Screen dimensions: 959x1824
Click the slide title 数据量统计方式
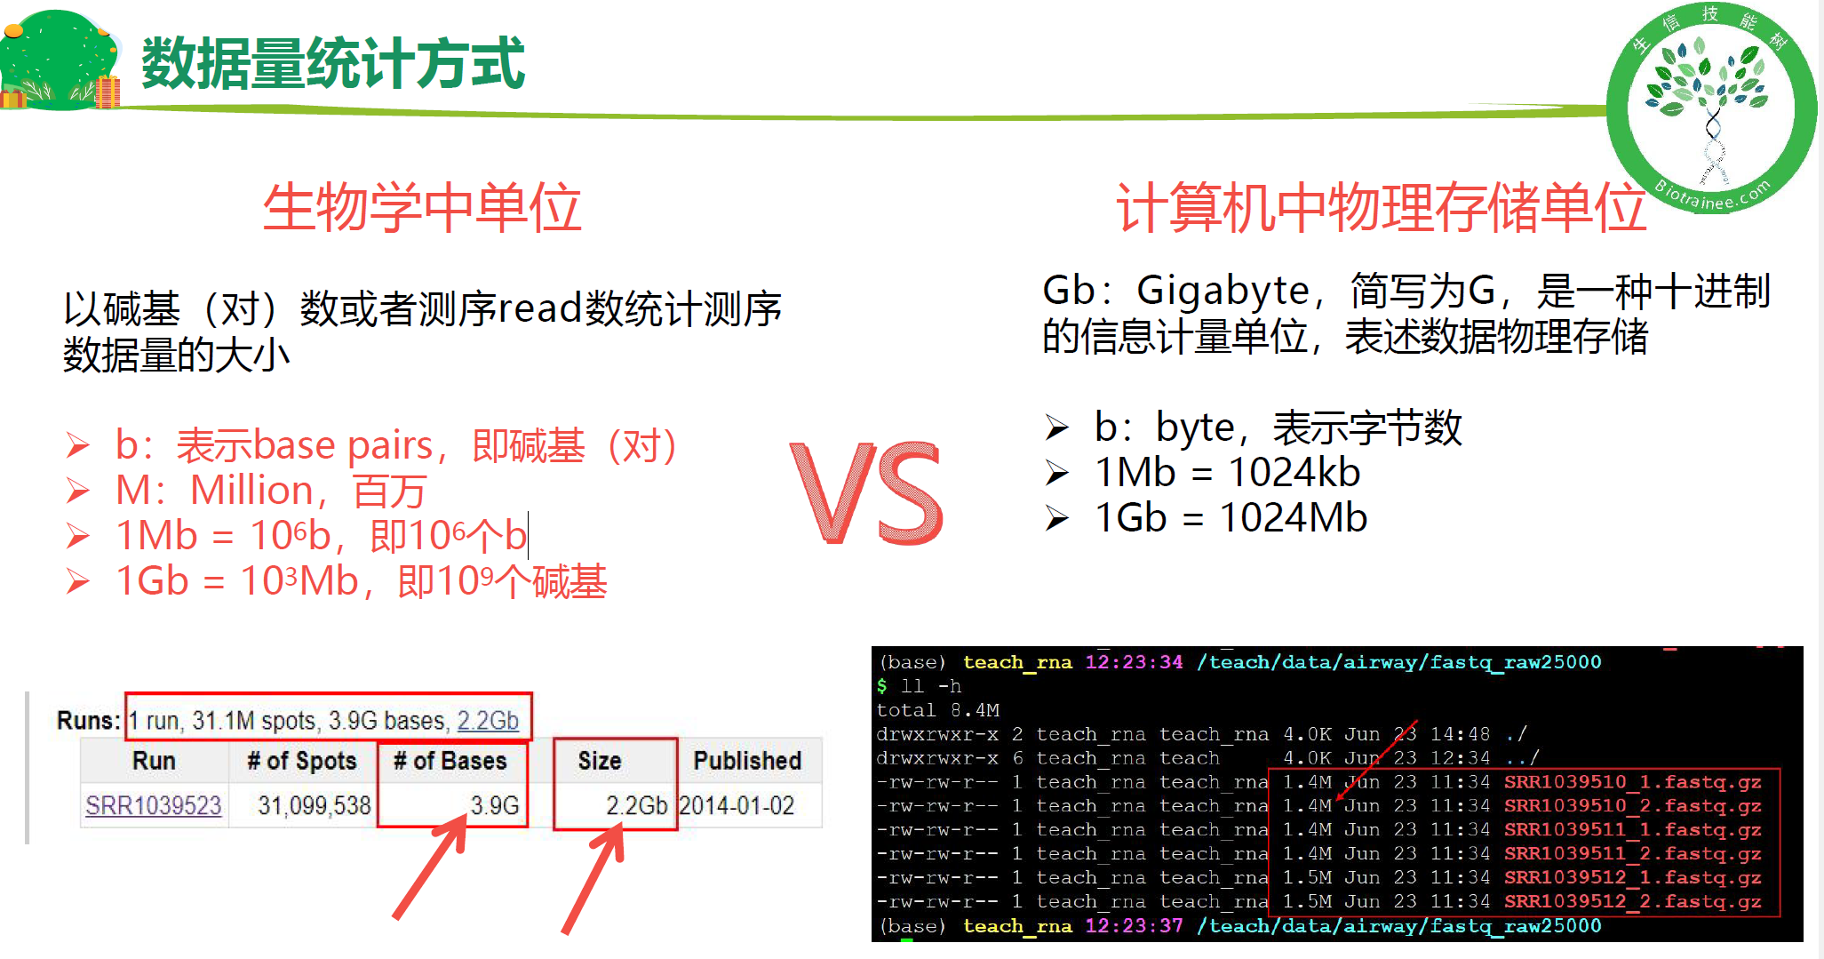click(333, 63)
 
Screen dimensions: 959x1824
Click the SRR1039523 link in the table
click(153, 805)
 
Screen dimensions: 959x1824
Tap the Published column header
click(747, 761)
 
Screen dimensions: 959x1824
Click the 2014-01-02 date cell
click(737, 805)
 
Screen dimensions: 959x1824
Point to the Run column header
click(154, 761)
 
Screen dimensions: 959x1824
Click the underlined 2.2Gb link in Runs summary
click(488, 720)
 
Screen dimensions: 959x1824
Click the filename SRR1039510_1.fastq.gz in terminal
click(1632, 782)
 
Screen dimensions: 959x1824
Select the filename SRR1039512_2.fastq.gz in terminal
click(1632, 901)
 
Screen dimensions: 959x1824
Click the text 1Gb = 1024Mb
click(1231, 518)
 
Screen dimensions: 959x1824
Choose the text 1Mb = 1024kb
click(1227, 473)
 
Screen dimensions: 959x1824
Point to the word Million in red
click(252, 491)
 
